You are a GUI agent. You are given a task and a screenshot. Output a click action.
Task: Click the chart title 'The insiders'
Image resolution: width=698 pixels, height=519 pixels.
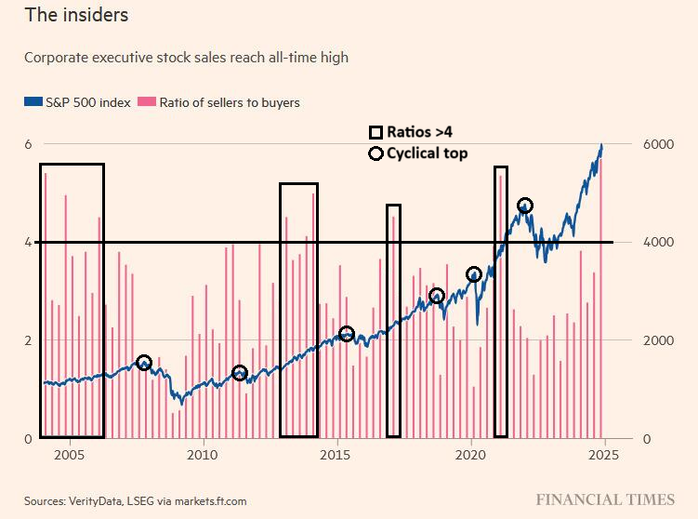(x=76, y=16)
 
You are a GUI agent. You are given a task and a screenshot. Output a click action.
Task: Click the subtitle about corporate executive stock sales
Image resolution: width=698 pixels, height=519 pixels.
(x=186, y=58)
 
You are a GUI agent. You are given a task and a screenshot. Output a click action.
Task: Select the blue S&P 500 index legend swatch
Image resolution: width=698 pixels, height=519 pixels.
(x=33, y=102)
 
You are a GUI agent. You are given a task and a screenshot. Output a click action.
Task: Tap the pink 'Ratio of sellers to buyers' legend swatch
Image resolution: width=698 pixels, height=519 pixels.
(x=146, y=102)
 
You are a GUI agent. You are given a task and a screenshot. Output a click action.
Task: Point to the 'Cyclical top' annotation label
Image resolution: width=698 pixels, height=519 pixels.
(x=427, y=153)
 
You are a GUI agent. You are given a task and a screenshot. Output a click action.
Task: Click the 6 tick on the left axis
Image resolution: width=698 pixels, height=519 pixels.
(x=28, y=144)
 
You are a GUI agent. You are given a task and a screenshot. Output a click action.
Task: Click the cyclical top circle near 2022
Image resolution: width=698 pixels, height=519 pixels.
(x=525, y=206)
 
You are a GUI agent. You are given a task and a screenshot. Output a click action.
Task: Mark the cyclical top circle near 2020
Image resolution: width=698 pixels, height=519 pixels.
(x=474, y=274)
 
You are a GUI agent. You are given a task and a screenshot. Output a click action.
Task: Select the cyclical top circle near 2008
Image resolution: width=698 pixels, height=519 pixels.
(x=144, y=363)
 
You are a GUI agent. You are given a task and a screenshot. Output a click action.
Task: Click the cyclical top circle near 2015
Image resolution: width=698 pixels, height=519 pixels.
(x=347, y=334)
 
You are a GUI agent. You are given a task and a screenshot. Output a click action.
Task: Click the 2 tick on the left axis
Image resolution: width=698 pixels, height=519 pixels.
(x=28, y=340)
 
